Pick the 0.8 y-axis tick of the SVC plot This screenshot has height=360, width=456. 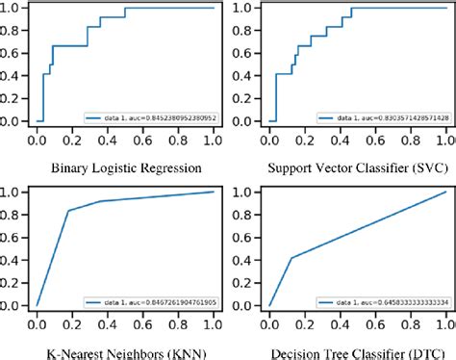pos(245,32)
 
